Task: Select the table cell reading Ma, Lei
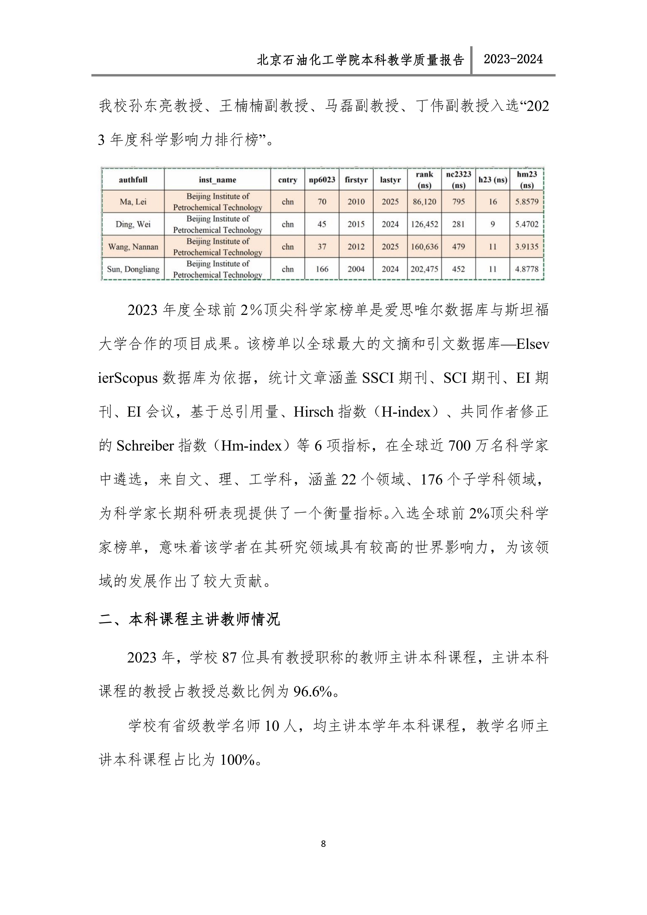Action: pyautogui.click(x=133, y=202)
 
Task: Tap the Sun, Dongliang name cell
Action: pyautogui.click(x=133, y=269)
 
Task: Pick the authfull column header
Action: pyautogui.click(x=133, y=180)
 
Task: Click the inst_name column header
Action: pyautogui.click(x=217, y=180)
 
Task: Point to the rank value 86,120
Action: pyautogui.click(x=424, y=202)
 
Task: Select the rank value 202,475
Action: pyautogui.click(x=424, y=269)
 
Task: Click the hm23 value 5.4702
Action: pyautogui.click(x=527, y=224)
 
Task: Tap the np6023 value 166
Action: pyautogui.click(x=322, y=269)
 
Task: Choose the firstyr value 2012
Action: pyautogui.click(x=356, y=247)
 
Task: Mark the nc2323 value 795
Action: pyautogui.click(x=459, y=202)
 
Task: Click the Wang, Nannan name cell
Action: pyautogui.click(x=133, y=247)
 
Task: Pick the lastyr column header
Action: pyautogui.click(x=390, y=180)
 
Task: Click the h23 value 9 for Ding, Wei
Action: pyautogui.click(x=493, y=224)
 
